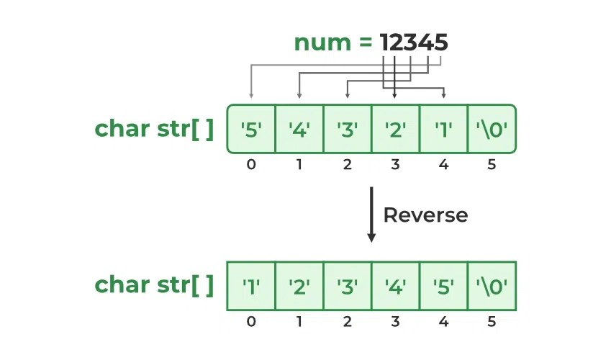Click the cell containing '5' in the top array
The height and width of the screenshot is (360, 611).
coord(251,129)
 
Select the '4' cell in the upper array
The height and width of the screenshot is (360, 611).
coord(299,129)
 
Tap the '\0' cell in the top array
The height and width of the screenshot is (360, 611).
coord(492,129)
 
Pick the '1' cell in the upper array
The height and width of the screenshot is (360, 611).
coord(443,129)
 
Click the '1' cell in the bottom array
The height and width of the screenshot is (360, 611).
coord(251,286)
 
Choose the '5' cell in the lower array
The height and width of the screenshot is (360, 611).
coord(443,286)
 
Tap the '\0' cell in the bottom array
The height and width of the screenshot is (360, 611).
coord(492,286)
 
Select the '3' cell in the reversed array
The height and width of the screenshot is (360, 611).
coord(348,286)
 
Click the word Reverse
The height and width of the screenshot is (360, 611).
coord(425,215)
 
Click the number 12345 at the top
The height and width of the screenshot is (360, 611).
coord(415,42)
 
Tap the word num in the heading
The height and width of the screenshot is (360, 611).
coord(321,42)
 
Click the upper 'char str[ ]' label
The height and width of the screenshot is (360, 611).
coord(155,129)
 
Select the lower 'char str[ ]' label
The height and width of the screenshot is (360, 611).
coord(155,286)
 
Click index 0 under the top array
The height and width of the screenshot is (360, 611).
coord(251,164)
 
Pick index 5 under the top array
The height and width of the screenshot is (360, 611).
coord(492,164)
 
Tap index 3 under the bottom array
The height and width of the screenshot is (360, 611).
coord(395,321)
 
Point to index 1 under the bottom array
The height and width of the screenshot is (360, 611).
coord(299,321)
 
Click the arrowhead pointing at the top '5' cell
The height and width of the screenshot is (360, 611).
coord(251,94)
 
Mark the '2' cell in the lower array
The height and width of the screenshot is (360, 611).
coord(299,286)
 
